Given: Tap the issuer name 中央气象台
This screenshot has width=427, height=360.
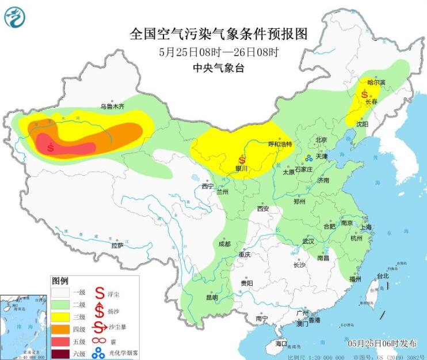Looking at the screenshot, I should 219,68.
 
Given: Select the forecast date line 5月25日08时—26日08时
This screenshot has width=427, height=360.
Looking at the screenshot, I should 219,52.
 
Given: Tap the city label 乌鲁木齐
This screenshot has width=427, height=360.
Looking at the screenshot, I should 112,106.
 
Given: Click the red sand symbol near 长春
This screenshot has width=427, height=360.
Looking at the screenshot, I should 364,93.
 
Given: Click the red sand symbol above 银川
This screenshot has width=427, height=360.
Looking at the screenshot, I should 242,159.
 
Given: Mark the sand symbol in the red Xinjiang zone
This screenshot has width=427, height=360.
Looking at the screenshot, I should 51,147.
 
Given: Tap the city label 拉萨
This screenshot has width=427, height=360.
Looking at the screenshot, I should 117,245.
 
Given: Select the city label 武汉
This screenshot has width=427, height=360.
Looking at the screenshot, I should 308,241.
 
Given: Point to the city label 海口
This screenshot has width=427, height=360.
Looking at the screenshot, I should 281,343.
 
